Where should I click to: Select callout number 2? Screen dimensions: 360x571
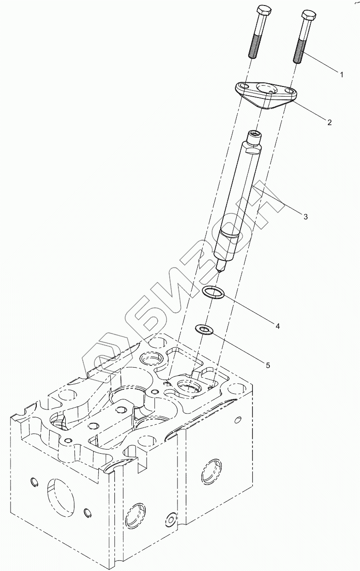329,122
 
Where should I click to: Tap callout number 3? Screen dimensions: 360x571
305,216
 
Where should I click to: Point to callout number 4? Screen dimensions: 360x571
277,325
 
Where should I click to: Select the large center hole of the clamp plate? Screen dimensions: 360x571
265,88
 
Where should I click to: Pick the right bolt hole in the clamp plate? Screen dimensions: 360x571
288,92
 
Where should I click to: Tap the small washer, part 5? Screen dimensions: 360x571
202,329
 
